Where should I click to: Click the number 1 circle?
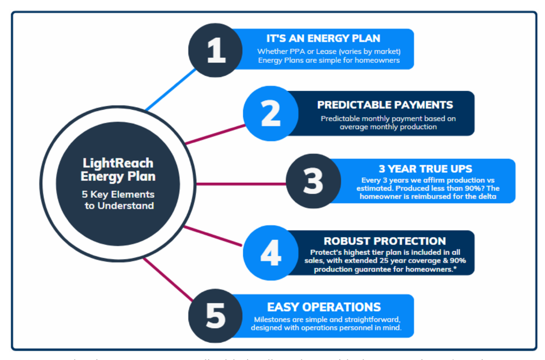pyautogui.click(x=215, y=50)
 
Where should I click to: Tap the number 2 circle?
pyautogui.click(x=270, y=113)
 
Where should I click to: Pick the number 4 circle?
pyautogui.click(x=270, y=253)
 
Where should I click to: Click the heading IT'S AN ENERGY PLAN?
pyautogui.click(x=323, y=38)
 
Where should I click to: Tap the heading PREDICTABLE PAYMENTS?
pyautogui.click(x=385, y=105)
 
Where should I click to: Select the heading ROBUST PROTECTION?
pyautogui.click(x=384, y=241)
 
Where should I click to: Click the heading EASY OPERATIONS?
pyautogui.click(x=324, y=307)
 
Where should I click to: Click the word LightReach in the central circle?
pyautogui.click(x=118, y=163)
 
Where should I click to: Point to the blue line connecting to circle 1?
pyautogui.click(x=170, y=90)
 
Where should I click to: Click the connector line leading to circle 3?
pyautogui.click(x=241, y=184)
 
